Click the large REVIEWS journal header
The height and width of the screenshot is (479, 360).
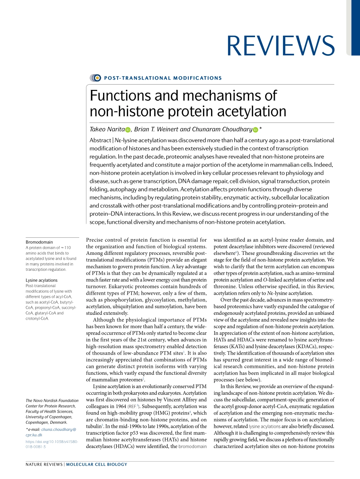click(x=280, y=46)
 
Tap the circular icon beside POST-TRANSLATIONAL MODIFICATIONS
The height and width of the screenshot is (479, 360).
click(x=96, y=78)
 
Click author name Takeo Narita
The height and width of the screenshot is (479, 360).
click(x=107, y=130)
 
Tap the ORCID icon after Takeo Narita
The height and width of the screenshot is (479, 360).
click(x=128, y=130)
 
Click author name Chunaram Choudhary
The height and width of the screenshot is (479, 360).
click(x=222, y=130)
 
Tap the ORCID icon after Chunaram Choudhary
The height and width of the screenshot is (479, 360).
click(x=255, y=130)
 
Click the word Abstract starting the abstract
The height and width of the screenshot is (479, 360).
click(x=100, y=140)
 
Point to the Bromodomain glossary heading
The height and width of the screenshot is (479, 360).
click(x=39, y=242)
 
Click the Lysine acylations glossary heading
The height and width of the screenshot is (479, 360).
click(x=42, y=280)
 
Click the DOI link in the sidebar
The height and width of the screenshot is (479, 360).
click(x=52, y=444)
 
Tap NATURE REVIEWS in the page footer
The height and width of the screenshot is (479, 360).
click(x=44, y=464)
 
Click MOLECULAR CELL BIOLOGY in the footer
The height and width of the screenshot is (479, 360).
click(x=97, y=464)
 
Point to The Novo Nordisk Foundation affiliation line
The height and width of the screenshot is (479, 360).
click(x=52, y=400)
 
